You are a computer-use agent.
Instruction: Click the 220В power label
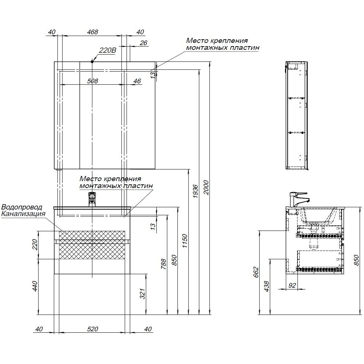tap(107, 51)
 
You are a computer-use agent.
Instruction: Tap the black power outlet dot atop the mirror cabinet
tap(92, 61)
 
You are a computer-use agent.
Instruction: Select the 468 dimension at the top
tap(93, 32)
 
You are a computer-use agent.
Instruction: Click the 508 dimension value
tap(93, 81)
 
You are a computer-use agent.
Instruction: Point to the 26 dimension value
tap(143, 43)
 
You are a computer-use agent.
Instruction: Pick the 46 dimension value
tap(137, 81)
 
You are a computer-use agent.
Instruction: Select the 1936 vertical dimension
tap(195, 192)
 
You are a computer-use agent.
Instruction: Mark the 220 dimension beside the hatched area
tap(35, 245)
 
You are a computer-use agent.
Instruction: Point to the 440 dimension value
tap(35, 286)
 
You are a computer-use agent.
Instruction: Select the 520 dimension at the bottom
tap(93, 329)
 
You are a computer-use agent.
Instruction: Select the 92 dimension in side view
tap(292, 285)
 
